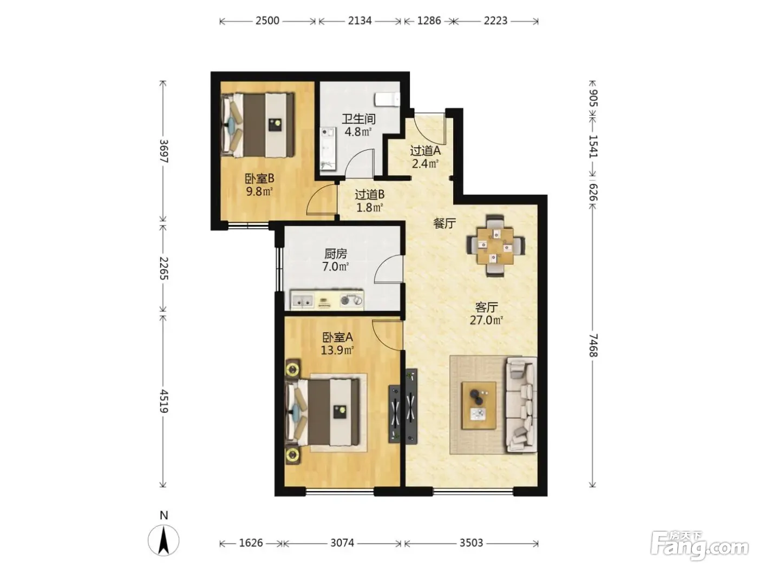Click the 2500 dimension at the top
(x=267, y=21)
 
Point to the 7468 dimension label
(x=592, y=345)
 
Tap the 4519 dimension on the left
(x=164, y=401)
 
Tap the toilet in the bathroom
(x=387, y=100)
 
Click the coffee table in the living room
(x=479, y=406)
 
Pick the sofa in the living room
(x=521, y=405)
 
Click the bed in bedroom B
(x=258, y=125)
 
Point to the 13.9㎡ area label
(x=337, y=351)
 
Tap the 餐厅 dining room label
(x=445, y=223)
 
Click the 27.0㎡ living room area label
(x=486, y=320)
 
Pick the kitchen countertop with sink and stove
(x=327, y=300)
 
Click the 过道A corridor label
(x=425, y=151)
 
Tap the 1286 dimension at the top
(x=429, y=21)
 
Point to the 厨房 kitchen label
(x=336, y=254)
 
